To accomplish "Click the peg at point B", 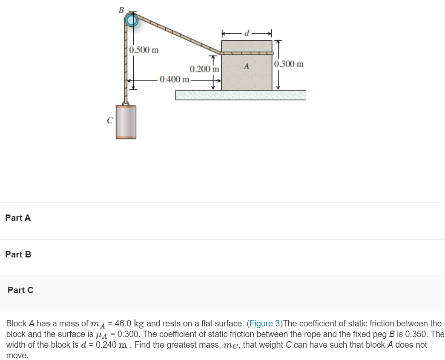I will pos(132,20).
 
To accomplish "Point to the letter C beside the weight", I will pos(109,120).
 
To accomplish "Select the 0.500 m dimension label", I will pos(144,50).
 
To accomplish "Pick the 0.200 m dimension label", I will pos(204,69).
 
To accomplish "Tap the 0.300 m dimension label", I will pos(289,64).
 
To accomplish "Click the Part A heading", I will pos(18,218).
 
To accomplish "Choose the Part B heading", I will pos(18,254).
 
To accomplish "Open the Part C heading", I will pos(20,290).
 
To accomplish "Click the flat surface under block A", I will pos(241,95).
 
